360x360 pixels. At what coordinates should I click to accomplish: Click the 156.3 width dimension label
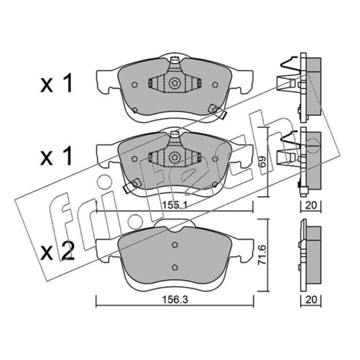(x=175, y=300)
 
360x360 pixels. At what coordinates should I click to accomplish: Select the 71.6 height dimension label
(x=262, y=255)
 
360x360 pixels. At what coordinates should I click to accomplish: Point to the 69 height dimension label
(x=263, y=162)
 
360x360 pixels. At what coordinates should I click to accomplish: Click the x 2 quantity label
(x=58, y=252)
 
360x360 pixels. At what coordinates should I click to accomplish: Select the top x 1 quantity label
(x=57, y=83)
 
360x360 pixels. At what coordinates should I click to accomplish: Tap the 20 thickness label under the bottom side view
(x=311, y=300)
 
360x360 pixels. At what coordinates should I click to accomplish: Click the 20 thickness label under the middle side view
(x=311, y=205)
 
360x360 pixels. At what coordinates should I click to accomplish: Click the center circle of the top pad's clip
(x=175, y=83)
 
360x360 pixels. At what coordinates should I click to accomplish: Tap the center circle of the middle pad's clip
(x=175, y=157)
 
